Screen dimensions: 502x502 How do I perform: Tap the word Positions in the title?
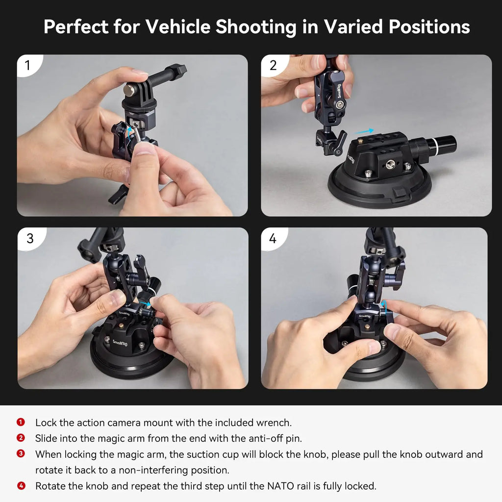point(429,27)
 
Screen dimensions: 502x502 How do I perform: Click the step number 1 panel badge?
point(27,65)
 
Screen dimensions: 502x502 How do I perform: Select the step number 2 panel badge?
point(273,65)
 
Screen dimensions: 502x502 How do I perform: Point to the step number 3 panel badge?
point(29,238)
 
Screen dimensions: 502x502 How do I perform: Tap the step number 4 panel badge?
point(273,238)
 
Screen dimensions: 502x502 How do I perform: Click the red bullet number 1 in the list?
point(21,422)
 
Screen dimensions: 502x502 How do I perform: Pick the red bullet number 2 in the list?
point(21,438)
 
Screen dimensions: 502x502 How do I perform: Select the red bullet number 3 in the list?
point(21,454)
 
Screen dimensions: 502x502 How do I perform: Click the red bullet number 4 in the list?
point(21,486)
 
